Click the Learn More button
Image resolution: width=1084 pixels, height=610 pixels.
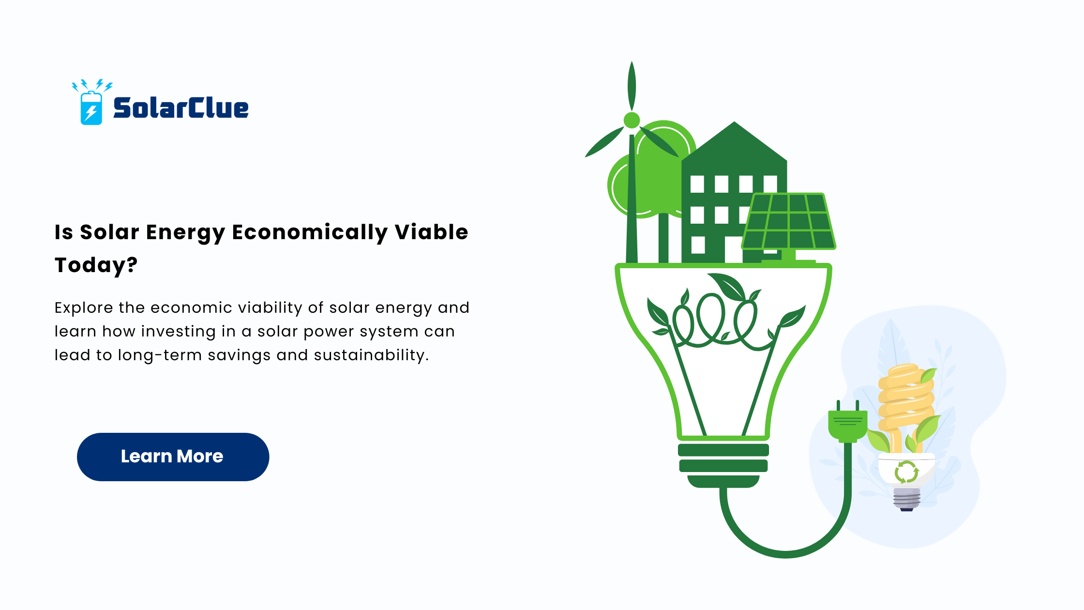(x=173, y=457)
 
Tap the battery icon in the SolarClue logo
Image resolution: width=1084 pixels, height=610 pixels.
(x=91, y=108)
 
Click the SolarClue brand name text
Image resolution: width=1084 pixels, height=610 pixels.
(x=181, y=107)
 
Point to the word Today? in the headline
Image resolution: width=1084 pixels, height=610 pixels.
(x=96, y=265)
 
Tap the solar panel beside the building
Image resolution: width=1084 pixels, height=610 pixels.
(x=789, y=221)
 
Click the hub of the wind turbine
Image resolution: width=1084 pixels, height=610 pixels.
(x=632, y=120)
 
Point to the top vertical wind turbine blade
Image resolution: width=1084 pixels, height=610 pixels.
(x=632, y=86)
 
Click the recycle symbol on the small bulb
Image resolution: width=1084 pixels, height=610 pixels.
(x=906, y=472)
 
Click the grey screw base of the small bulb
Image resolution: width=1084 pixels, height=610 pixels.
(x=906, y=499)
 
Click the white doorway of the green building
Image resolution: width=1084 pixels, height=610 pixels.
(x=733, y=250)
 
